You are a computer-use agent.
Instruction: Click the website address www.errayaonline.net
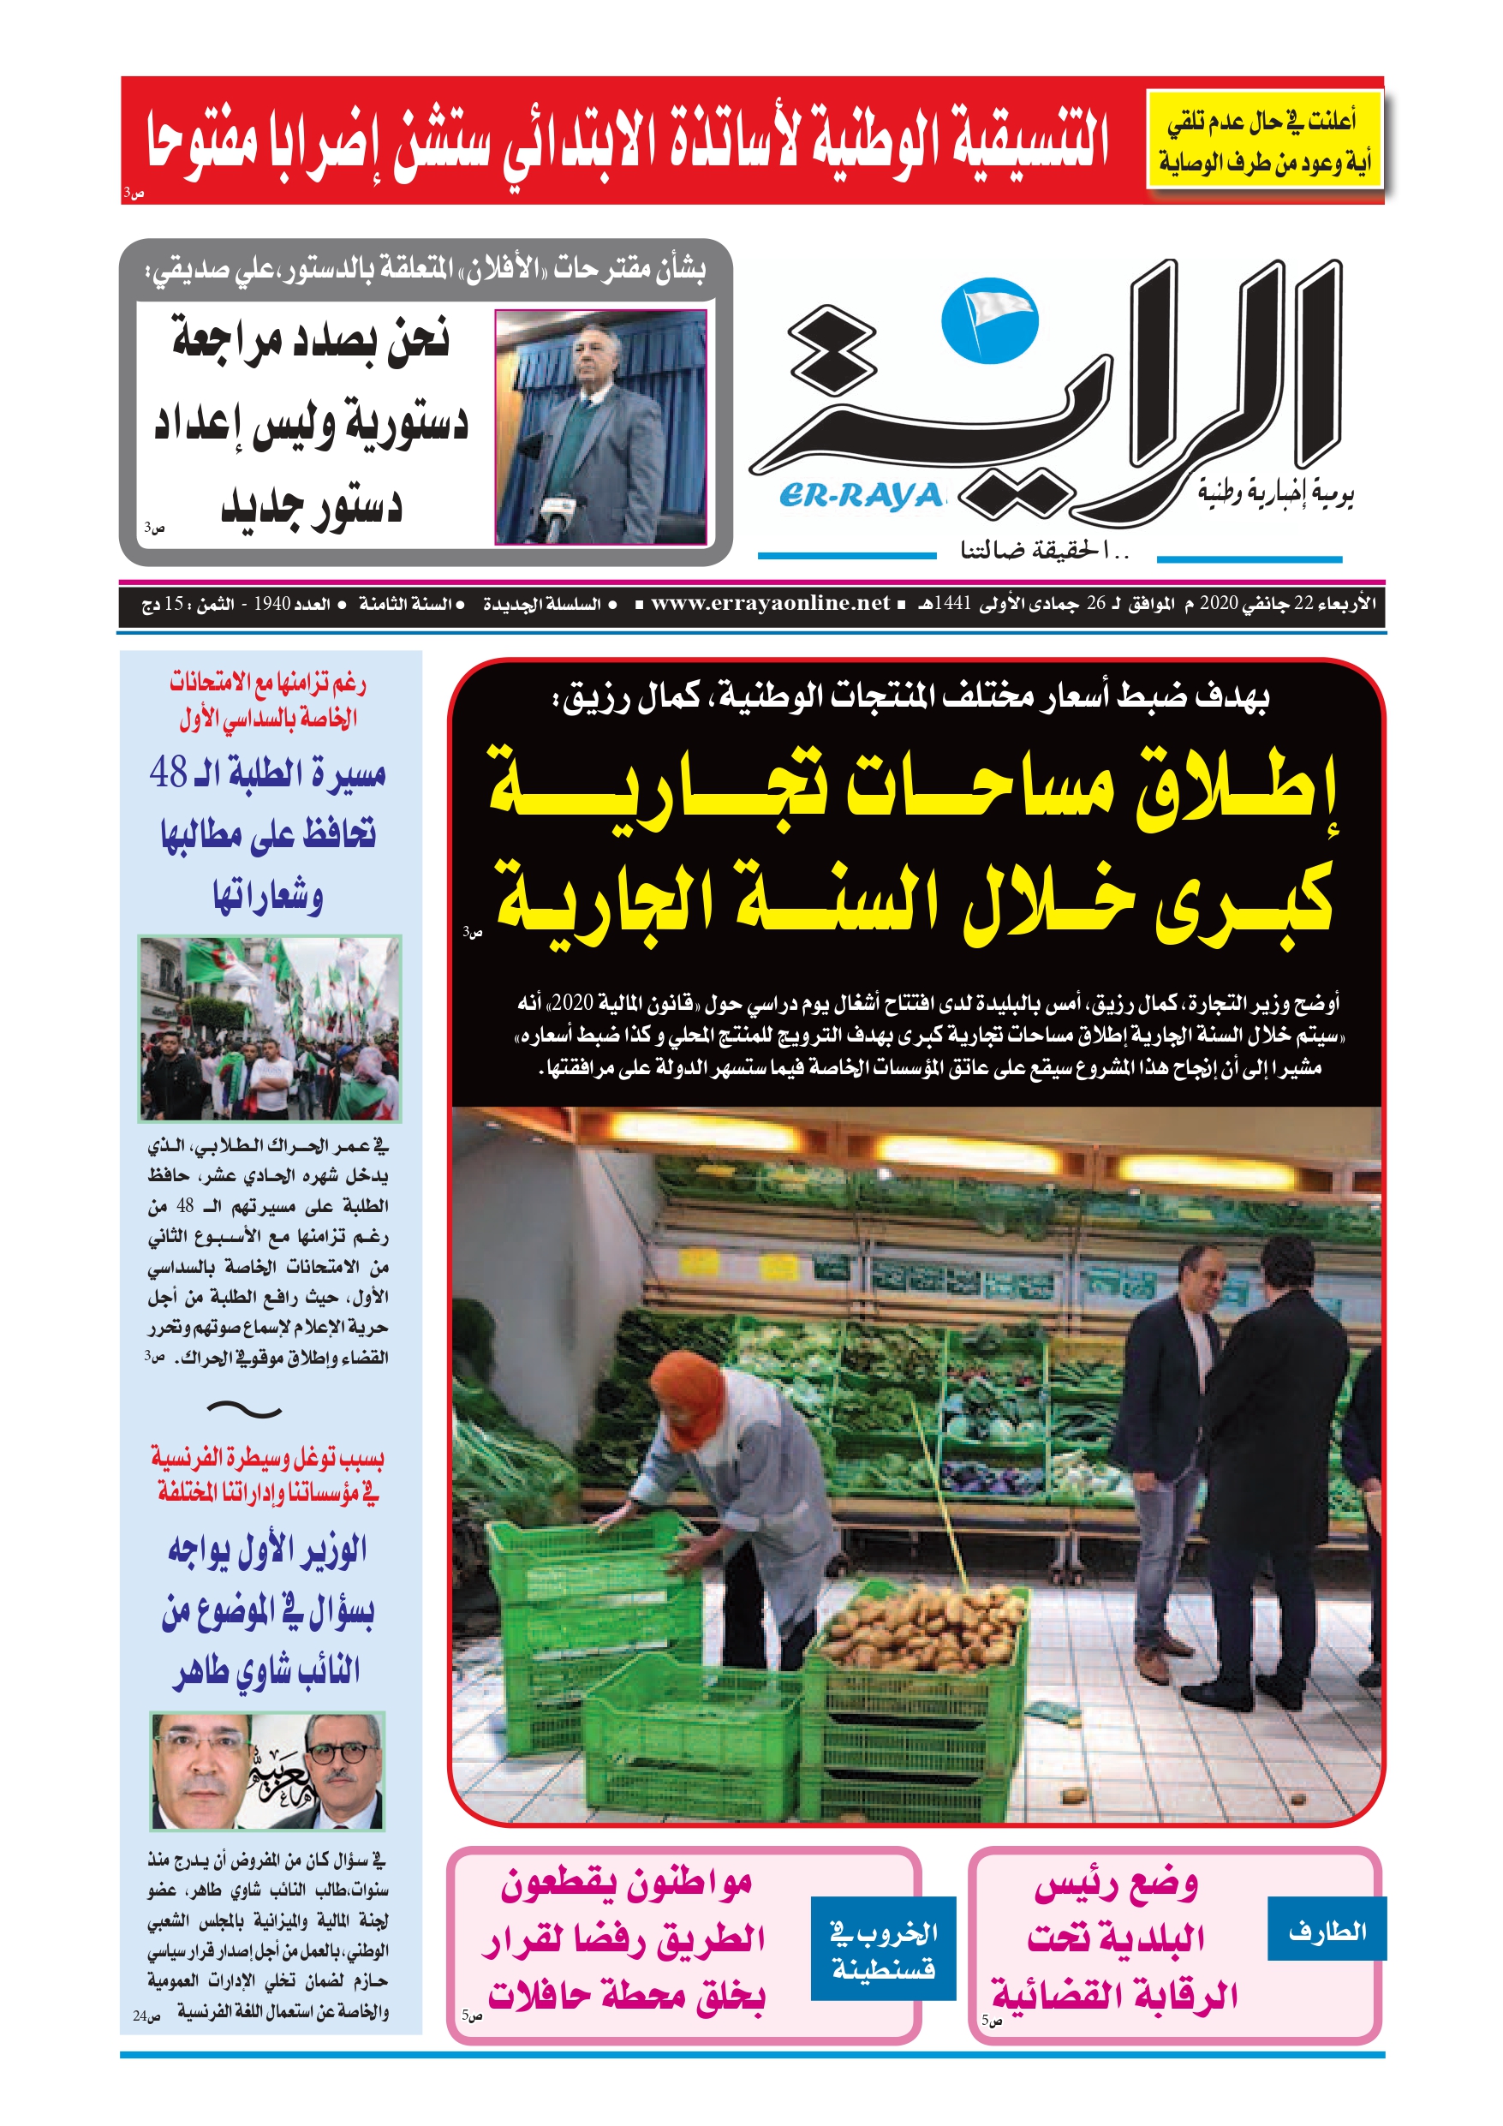coord(770,604)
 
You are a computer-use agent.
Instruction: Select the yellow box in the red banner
coord(1264,140)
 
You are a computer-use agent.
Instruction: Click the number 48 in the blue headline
coord(169,773)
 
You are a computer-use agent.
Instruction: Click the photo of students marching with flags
coord(269,1028)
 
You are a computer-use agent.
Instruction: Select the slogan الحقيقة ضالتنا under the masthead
coord(1045,551)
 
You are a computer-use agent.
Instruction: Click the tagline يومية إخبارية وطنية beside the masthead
coord(1275,493)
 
